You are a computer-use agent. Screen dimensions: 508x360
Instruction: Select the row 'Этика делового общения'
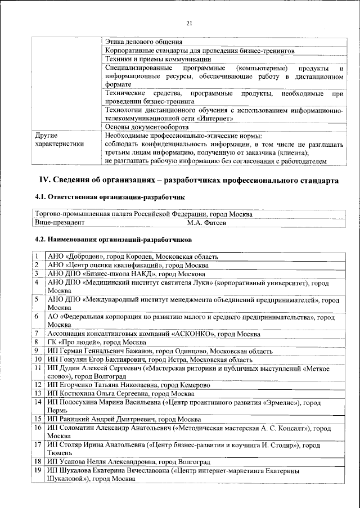coord(143,42)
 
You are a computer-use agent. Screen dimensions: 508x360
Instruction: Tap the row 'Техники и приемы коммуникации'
coord(158,59)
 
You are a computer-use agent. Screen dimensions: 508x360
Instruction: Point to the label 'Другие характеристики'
coord(58,140)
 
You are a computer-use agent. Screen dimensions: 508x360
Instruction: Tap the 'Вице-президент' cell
coord(58,223)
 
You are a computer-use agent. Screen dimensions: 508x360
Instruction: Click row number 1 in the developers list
coord(36,257)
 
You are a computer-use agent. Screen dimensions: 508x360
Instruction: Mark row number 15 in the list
coord(37,419)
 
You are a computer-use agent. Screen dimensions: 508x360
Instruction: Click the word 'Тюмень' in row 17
coord(60,453)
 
